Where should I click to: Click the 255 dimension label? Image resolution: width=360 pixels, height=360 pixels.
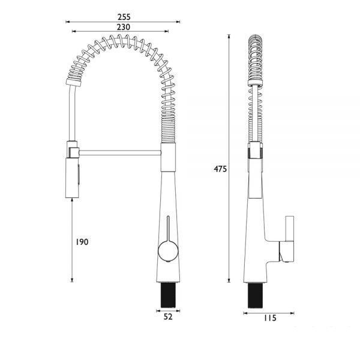click(124, 17)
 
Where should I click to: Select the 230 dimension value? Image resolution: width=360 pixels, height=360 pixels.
click(124, 27)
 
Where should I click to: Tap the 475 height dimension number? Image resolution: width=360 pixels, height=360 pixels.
click(220, 169)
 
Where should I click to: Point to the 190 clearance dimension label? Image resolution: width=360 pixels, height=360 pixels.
click(82, 242)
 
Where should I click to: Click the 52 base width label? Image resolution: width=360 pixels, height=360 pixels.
click(168, 317)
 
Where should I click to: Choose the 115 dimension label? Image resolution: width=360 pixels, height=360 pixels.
click(269, 318)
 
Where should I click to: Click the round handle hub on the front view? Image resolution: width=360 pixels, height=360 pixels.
click(168, 251)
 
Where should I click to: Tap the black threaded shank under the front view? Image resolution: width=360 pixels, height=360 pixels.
click(168, 295)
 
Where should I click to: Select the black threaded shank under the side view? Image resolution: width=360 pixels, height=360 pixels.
click(255, 295)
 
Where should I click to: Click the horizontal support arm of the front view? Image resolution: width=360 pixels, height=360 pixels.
click(120, 152)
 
